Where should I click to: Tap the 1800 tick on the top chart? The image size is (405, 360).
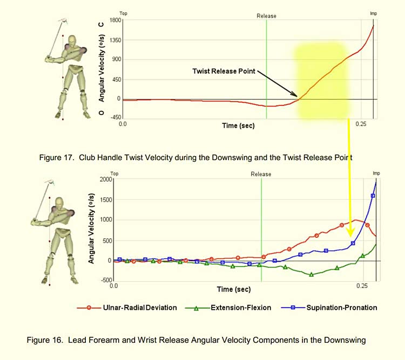pos(114,20)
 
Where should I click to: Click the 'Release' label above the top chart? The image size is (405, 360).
pos(266,16)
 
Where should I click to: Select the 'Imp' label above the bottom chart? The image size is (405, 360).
pos(376,174)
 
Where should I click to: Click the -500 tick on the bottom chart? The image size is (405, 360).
pos(105,281)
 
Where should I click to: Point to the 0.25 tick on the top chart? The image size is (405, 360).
pos(360,124)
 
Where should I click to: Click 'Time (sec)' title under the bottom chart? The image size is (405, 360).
pos(234,289)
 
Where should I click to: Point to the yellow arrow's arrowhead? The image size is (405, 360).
pos(350,234)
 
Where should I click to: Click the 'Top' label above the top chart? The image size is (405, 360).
pos(123,12)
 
